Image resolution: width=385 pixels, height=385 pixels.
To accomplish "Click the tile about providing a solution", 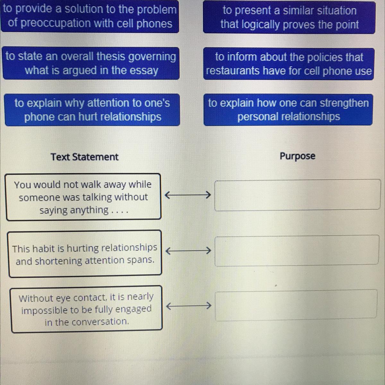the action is pos(90,16).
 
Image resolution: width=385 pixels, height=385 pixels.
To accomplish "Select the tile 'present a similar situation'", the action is pos(289,18).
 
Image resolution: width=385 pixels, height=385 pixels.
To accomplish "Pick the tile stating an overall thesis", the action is pos(91,63).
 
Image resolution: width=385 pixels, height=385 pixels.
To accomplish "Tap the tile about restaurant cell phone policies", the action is pos(289,64).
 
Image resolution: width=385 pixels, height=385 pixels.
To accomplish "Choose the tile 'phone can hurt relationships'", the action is pos(92,110).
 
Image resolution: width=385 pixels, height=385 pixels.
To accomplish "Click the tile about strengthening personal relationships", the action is pos(288,110).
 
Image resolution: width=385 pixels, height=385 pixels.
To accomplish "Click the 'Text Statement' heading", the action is pos(84,157).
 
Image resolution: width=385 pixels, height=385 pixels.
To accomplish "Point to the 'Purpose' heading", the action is pos(297,156).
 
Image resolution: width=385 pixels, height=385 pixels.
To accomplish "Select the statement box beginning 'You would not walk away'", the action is pos(83,197).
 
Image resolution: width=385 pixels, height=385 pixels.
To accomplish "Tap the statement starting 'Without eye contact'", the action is pos(86,309).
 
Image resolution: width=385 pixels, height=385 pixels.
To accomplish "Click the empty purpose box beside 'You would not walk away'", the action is pos(297,195).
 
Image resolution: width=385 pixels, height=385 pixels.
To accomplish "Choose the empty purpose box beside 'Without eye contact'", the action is pos(296,305).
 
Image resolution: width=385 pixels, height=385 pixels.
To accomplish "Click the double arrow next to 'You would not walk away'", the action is pos(188,194).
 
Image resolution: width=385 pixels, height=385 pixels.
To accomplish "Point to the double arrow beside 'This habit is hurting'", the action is pos(188,251).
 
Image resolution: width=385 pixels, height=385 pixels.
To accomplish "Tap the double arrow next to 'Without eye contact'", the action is pos(189,305).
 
